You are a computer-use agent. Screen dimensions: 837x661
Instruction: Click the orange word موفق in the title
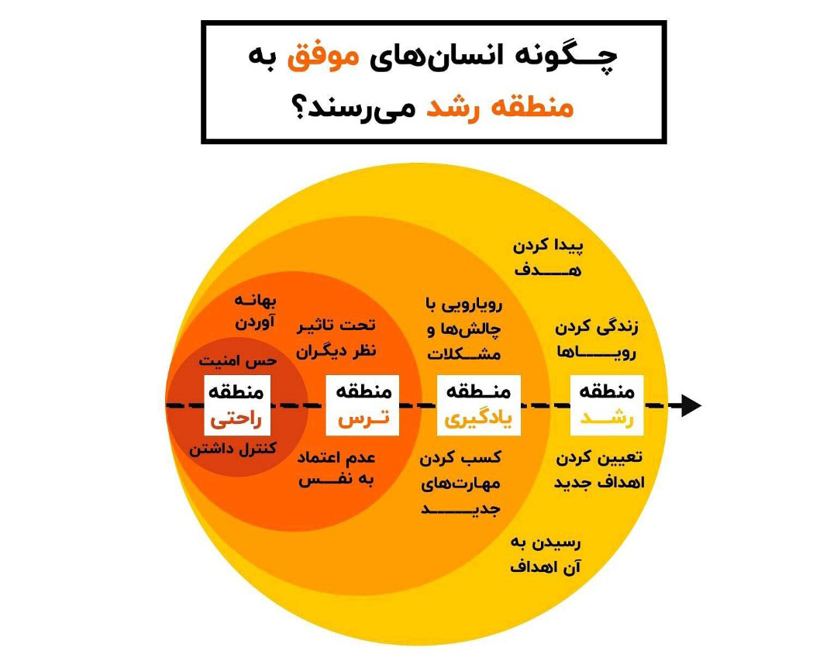[x=323, y=57]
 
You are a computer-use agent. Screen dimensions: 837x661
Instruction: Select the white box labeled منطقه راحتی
[x=237, y=405]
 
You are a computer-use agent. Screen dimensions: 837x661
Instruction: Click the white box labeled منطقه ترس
[x=363, y=405]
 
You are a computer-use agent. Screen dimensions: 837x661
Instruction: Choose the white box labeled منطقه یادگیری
[x=478, y=405]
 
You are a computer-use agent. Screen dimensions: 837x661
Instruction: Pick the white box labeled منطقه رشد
[x=607, y=405]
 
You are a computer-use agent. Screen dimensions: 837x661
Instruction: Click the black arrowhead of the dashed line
[x=691, y=406]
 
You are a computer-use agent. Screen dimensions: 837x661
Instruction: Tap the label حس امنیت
[x=238, y=361]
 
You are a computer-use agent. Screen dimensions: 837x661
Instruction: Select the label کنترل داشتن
[x=232, y=449]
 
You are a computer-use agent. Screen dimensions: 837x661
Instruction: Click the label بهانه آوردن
[x=255, y=312]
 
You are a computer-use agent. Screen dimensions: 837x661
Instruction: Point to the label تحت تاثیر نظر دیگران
[x=336, y=338]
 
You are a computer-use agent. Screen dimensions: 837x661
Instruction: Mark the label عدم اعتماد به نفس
[x=336, y=469]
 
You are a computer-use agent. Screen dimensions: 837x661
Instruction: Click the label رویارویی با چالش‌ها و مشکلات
[x=464, y=329]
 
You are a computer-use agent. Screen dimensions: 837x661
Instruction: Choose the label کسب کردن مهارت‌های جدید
[x=460, y=484]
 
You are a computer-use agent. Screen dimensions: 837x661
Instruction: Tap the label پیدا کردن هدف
[x=548, y=258]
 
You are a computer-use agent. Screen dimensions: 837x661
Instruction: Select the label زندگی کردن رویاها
[x=597, y=339]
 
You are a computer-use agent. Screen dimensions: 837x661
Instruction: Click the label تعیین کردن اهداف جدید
[x=599, y=470]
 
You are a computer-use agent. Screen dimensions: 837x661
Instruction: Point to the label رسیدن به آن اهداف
[x=546, y=555]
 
